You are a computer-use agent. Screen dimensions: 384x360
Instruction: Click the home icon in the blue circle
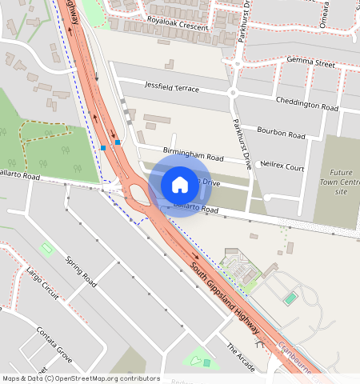180,185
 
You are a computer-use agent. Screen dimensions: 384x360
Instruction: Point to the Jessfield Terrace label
171,86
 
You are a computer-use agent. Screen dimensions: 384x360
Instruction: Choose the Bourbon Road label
281,132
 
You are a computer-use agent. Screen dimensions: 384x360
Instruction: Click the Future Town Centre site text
341,182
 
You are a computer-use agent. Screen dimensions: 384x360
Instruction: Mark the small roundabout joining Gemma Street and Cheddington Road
234,93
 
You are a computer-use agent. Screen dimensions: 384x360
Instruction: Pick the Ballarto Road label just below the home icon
198,210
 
